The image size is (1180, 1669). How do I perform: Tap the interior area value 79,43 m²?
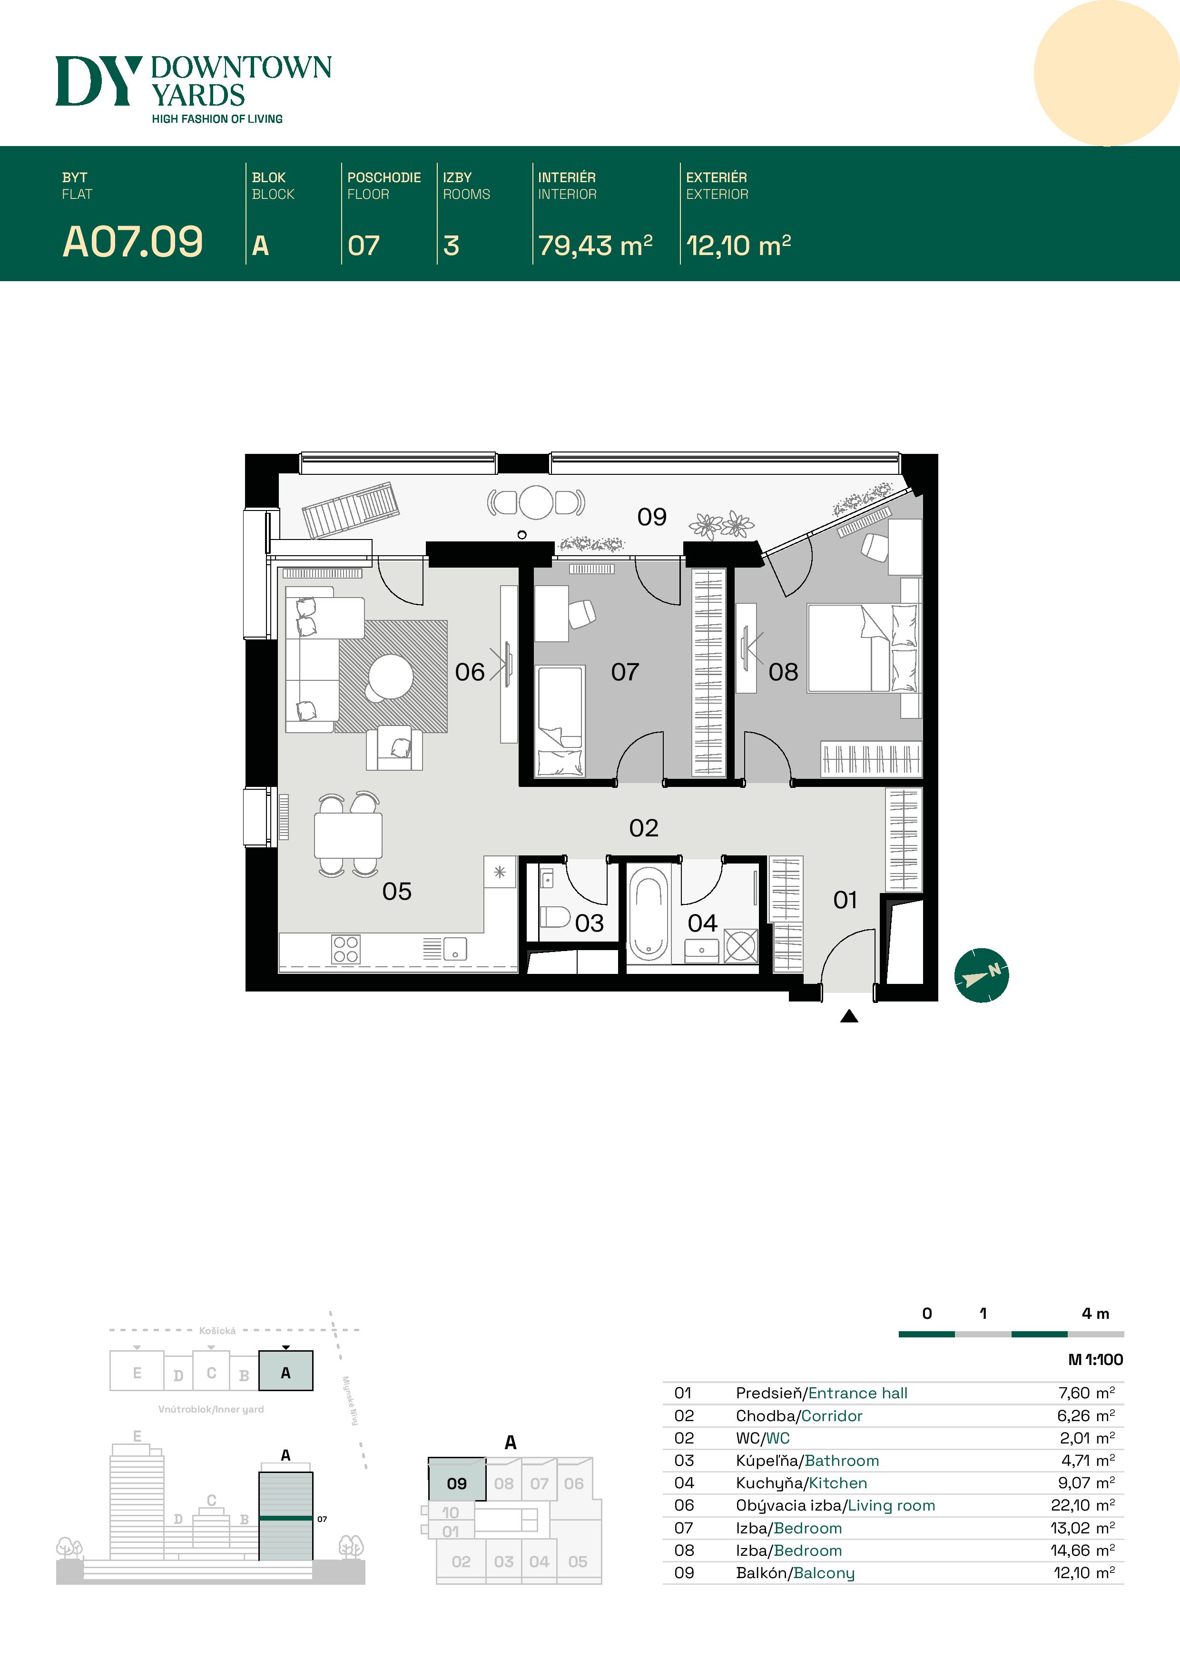595,245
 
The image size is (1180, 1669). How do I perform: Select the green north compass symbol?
982,975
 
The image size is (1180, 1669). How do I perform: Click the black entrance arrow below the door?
849,1016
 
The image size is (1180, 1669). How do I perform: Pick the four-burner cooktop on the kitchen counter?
345,949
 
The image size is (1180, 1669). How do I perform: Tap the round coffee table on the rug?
391,677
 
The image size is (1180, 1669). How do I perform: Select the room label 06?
470,672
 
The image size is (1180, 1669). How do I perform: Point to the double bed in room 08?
863,647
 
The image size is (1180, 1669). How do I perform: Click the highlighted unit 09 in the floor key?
457,1483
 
